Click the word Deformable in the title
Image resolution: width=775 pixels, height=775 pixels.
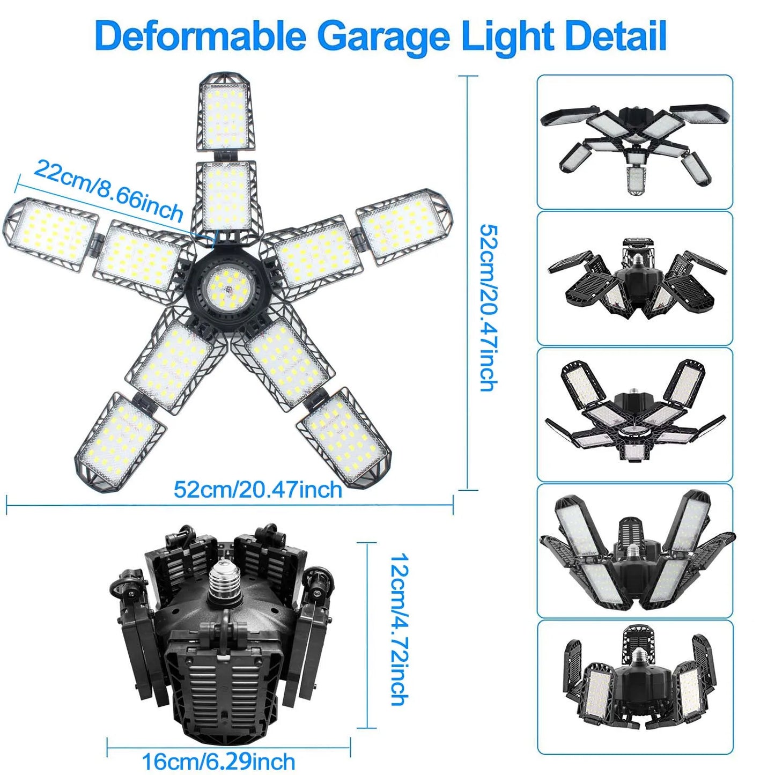(x=200, y=36)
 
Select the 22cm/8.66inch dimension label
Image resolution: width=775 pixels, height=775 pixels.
(x=108, y=191)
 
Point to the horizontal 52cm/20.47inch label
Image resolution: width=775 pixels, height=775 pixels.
(x=257, y=490)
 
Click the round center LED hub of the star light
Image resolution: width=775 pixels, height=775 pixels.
(x=228, y=284)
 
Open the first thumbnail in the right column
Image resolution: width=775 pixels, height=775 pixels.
(x=634, y=142)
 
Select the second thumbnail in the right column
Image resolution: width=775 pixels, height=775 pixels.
(x=634, y=278)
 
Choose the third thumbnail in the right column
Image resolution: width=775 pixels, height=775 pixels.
(x=634, y=415)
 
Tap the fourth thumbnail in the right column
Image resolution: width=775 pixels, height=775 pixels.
(x=634, y=551)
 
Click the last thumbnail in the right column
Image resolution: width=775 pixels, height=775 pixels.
(x=634, y=687)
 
